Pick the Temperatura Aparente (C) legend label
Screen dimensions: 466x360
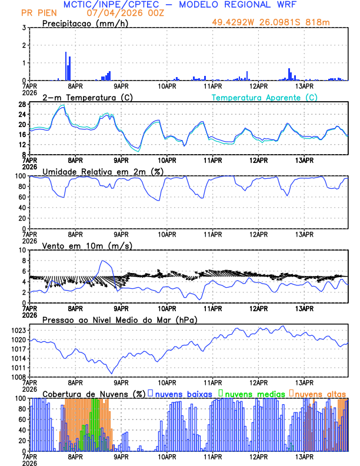pyautogui.click(x=264, y=97)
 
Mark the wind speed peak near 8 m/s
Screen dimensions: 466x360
pyautogui.click(x=103, y=261)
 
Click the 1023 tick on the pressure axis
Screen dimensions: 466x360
pyautogui.click(x=17, y=330)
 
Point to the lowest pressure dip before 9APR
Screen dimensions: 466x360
pyautogui.click(x=111, y=372)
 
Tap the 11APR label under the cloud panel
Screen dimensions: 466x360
pyautogui.click(x=212, y=456)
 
